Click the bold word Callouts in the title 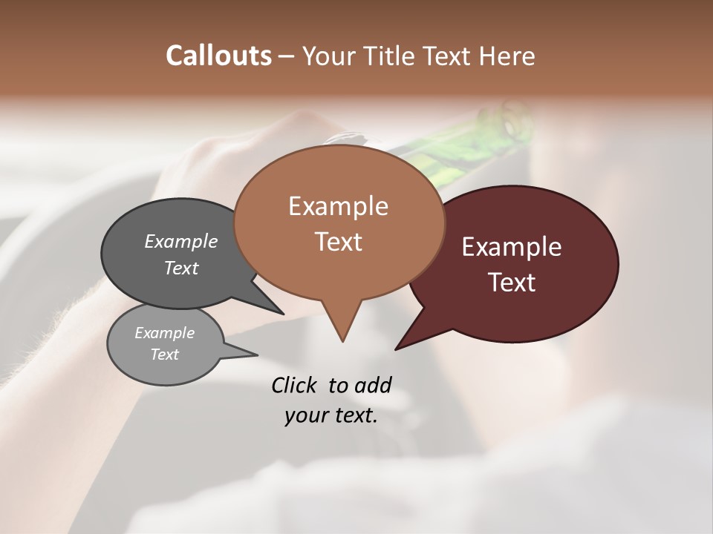pyautogui.click(x=218, y=56)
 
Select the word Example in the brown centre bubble pyautogui.click(x=338, y=206)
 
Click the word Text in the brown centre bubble pyautogui.click(x=338, y=242)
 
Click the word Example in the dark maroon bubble pyautogui.click(x=512, y=247)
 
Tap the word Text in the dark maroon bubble pyautogui.click(x=512, y=282)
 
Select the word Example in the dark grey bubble pyautogui.click(x=181, y=241)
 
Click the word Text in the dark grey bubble pyautogui.click(x=181, y=268)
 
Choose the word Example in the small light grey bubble pyautogui.click(x=165, y=333)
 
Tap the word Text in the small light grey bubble pyautogui.click(x=165, y=355)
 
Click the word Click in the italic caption pyautogui.click(x=296, y=385)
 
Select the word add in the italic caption pyautogui.click(x=372, y=385)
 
